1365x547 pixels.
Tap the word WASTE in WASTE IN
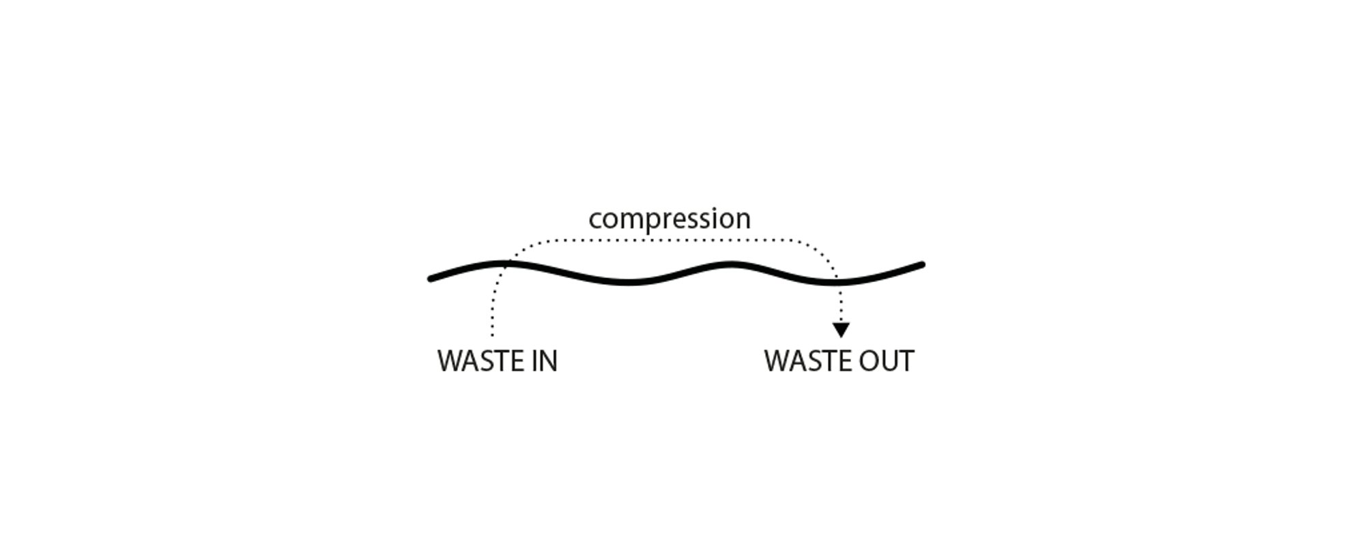[x=478, y=361]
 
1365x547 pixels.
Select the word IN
[x=543, y=361]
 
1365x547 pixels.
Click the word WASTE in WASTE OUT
[x=805, y=361]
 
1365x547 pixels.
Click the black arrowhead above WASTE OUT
[x=841, y=330]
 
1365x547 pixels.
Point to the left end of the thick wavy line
[x=430, y=279]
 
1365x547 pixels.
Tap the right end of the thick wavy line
[x=922, y=264]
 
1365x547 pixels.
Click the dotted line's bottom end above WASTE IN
[x=492, y=335]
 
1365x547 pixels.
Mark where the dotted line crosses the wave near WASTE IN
[x=506, y=263]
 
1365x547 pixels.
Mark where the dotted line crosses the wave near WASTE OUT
[x=837, y=281]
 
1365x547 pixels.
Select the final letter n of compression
[x=744, y=221]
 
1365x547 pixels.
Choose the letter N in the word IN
[x=547, y=361]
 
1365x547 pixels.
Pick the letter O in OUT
[x=867, y=361]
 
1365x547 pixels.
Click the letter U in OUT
[x=891, y=361]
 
